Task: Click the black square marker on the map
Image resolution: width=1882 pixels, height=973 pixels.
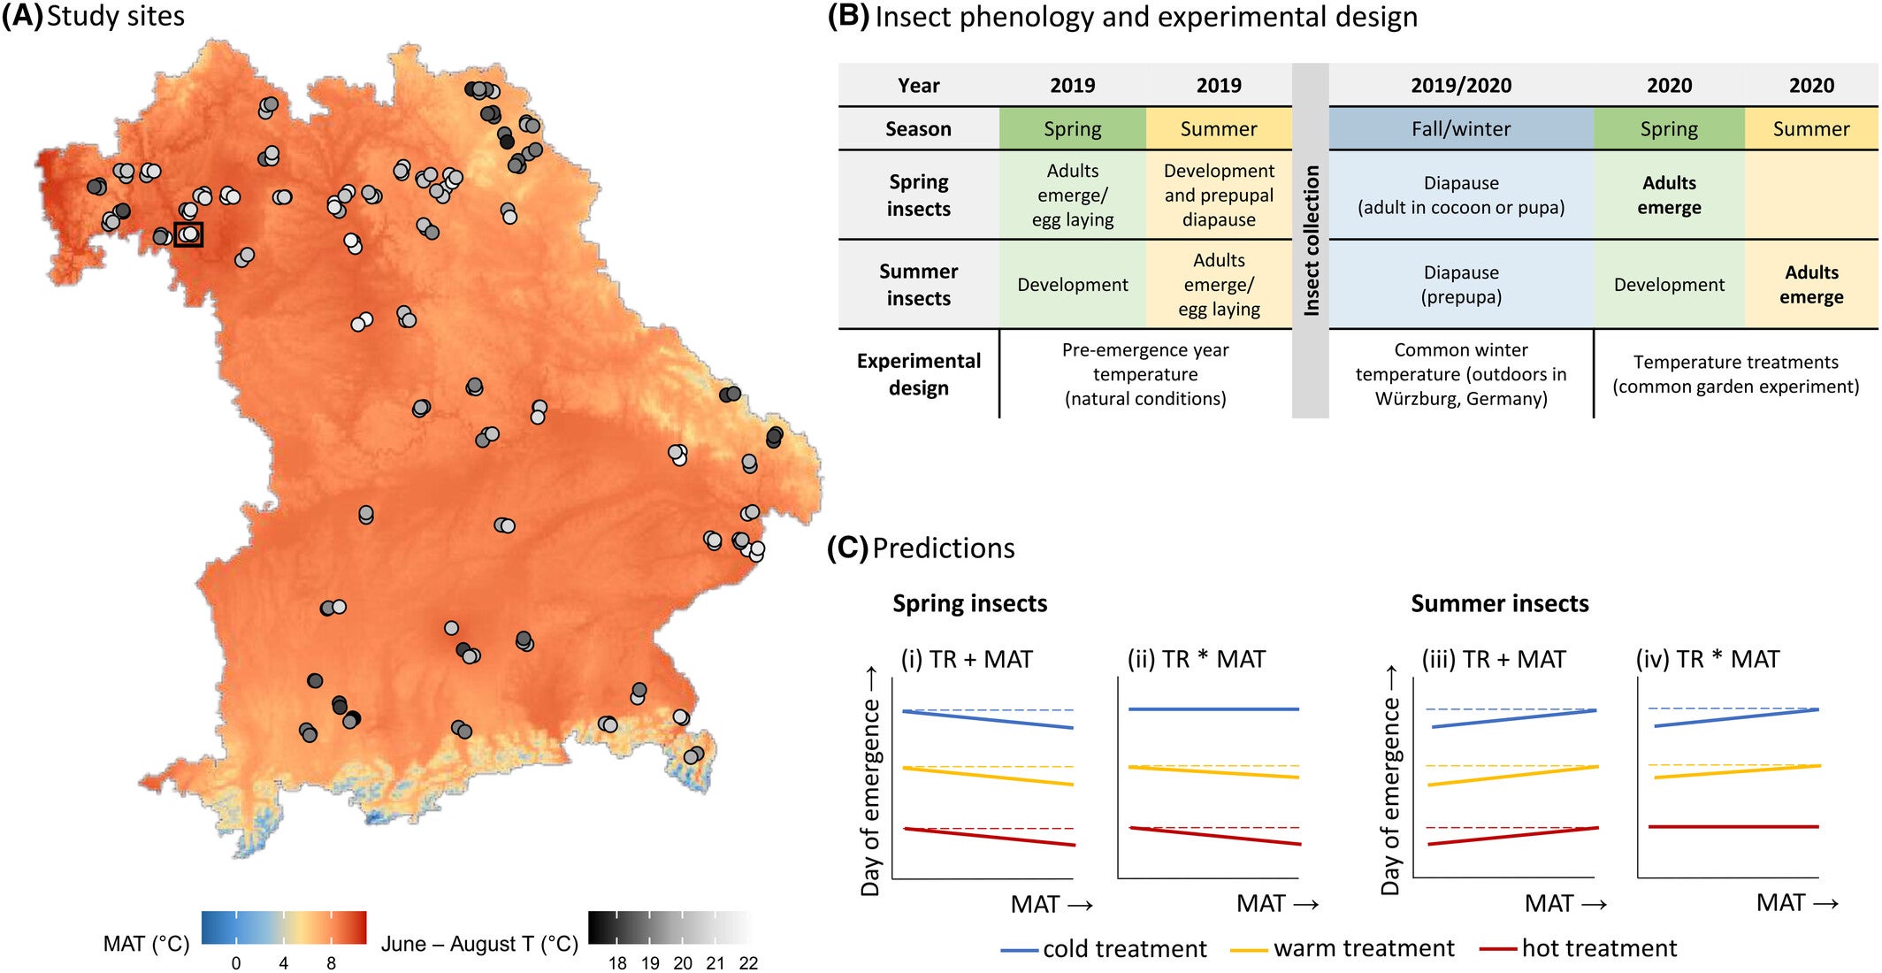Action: click(188, 234)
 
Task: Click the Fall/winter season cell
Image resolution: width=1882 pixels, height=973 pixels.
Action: click(1460, 129)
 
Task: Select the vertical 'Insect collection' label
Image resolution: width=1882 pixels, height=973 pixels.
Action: click(1311, 240)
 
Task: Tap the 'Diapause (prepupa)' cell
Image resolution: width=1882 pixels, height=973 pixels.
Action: click(1460, 285)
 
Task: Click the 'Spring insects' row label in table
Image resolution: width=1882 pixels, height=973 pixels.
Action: click(918, 195)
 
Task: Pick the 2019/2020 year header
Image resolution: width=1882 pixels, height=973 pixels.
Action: click(1460, 86)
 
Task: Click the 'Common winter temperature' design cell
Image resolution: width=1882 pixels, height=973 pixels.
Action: click(1460, 374)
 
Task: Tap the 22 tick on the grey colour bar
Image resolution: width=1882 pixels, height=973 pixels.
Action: click(748, 963)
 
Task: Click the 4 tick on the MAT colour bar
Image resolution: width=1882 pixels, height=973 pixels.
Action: click(283, 963)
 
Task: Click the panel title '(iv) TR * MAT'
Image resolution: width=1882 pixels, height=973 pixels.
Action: click(1707, 659)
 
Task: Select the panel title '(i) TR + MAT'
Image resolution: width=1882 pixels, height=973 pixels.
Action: click(966, 659)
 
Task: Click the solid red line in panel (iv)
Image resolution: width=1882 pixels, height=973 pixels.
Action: click(1733, 826)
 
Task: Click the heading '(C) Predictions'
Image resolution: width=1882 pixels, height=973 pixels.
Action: click(921, 548)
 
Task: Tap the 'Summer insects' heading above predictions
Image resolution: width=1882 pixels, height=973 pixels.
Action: click(1499, 603)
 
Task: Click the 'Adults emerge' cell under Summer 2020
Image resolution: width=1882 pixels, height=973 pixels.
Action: click(1810, 285)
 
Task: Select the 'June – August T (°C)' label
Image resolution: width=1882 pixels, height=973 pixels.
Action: click(479, 944)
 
